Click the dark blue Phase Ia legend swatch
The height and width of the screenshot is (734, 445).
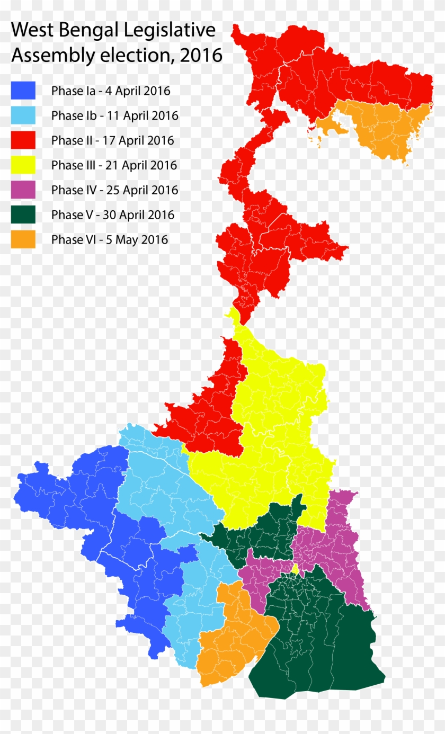pyautogui.click(x=23, y=91)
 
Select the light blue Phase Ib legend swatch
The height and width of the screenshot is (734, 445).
pyautogui.click(x=23, y=115)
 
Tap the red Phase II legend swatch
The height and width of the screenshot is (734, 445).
pyautogui.click(x=23, y=140)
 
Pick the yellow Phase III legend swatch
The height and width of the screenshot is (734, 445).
pyautogui.click(x=23, y=165)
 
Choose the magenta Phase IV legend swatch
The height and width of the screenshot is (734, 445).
pyautogui.click(x=23, y=190)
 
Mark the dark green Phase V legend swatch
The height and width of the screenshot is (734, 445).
pyautogui.click(x=23, y=214)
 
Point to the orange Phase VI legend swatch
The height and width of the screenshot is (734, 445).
pyautogui.click(x=23, y=239)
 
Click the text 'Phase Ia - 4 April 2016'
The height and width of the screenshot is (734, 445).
pyautogui.click(x=111, y=91)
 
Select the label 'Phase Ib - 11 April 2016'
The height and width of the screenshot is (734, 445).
pyautogui.click(x=114, y=115)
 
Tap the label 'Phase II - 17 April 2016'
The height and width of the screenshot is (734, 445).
pyautogui.click(x=112, y=140)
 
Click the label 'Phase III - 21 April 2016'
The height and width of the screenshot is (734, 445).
pyautogui.click(x=114, y=165)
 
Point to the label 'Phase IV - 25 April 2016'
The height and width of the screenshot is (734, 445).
pyautogui.click(x=114, y=190)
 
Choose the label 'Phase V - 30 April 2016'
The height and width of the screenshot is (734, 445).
pyautogui.click(x=113, y=214)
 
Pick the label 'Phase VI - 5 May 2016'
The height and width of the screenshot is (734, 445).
pyautogui.click(x=109, y=239)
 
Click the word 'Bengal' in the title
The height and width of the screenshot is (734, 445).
pyautogui.click(x=85, y=31)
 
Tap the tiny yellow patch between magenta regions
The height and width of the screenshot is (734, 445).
pyautogui.click(x=295, y=569)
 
